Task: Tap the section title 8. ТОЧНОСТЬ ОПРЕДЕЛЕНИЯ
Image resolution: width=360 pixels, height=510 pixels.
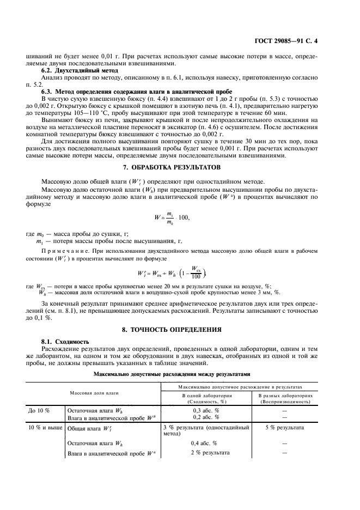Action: (x=180, y=329)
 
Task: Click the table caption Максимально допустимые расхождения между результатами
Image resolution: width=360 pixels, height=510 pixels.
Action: (x=180, y=374)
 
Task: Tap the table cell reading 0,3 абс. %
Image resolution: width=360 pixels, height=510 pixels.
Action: (x=206, y=410)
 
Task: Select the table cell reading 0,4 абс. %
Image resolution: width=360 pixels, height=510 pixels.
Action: (x=206, y=444)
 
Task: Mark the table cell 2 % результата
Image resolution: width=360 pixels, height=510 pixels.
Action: (x=206, y=453)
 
